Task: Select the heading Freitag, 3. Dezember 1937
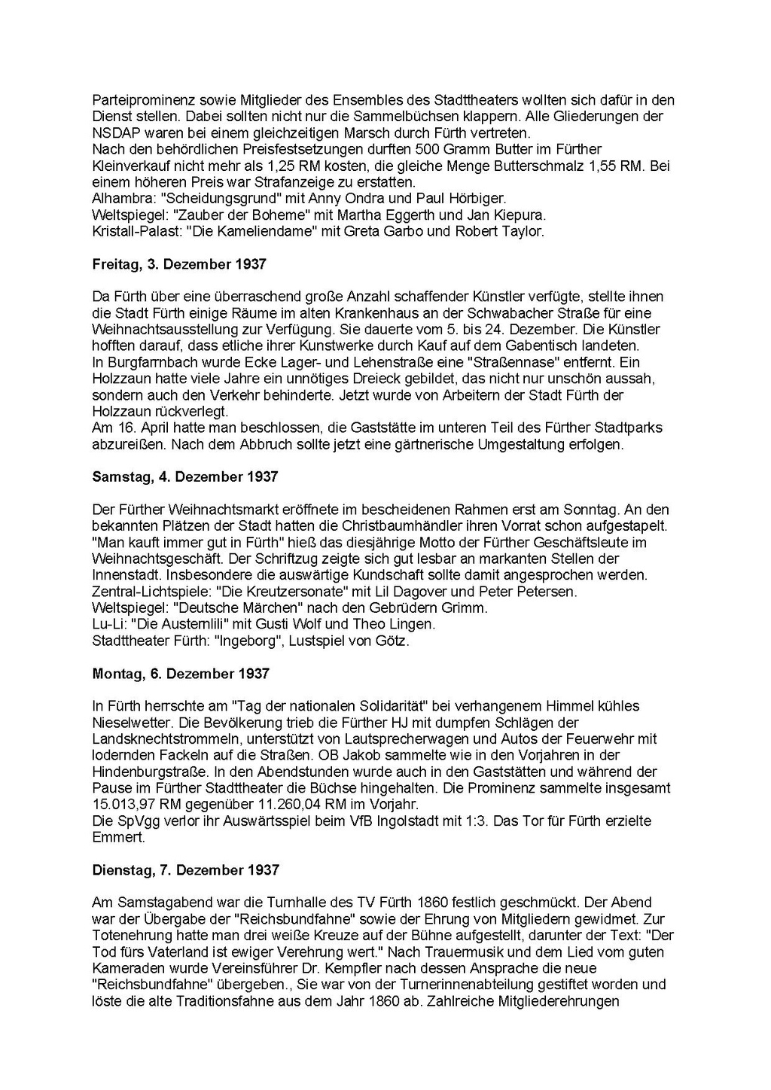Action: click(x=179, y=265)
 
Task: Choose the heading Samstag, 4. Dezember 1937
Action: click(x=185, y=477)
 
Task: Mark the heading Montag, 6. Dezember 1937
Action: click(x=181, y=674)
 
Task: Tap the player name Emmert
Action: click(x=115, y=838)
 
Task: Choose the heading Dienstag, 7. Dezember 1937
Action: click(x=186, y=870)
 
